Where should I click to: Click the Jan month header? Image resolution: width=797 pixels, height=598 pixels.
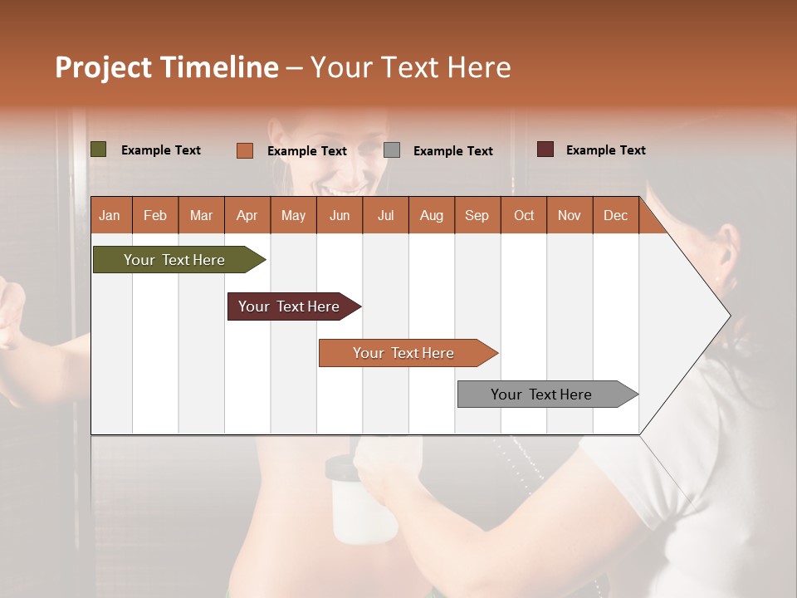(x=110, y=216)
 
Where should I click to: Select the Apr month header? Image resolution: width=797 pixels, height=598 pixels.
(x=247, y=216)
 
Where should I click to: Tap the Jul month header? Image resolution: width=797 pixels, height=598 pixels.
(x=385, y=216)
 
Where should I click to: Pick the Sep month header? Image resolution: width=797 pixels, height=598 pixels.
(x=477, y=216)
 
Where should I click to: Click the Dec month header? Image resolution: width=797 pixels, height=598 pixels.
(x=615, y=216)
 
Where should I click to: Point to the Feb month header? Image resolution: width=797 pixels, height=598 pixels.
(x=155, y=216)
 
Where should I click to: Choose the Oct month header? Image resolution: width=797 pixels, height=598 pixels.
(x=524, y=216)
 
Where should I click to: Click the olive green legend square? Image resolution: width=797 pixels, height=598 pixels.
(x=99, y=149)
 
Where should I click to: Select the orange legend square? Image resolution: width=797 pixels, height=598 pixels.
(x=245, y=150)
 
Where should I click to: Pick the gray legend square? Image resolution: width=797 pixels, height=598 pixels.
(x=392, y=150)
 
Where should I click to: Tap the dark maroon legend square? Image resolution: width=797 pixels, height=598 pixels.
(x=545, y=149)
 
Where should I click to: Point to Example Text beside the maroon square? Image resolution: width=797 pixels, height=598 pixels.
(x=605, y=150)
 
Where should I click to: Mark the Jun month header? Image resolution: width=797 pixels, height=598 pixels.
(x=340, y=216)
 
